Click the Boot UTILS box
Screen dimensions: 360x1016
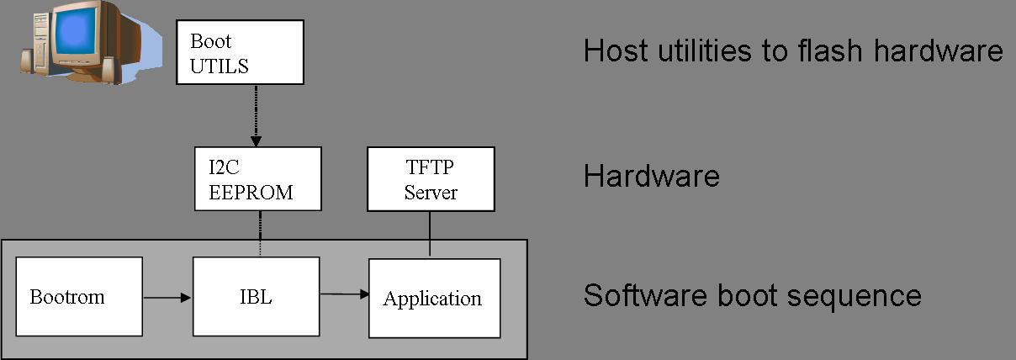coord(240,53)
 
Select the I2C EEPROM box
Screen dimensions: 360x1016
coord(257,179)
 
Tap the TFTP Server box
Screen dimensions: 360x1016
coord(431,179)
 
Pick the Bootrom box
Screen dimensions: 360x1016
coord(79,296)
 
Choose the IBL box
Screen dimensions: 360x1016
coord(256,296)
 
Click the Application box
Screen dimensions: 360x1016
coord(434,298)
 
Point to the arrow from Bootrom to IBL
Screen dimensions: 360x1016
coord(167,296)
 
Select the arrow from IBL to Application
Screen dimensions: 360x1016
coord(344,294)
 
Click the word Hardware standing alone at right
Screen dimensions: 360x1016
coord(651,177)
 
